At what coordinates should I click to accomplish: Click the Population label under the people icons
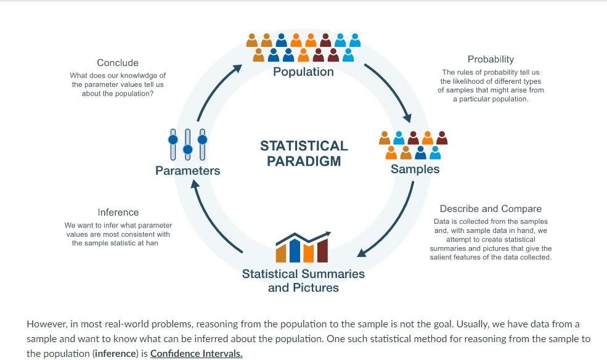pyautogui.click(x=303, y=72)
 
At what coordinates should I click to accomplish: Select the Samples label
pyautogui.click(x=415, y=170)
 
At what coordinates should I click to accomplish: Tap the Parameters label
pyautogui.click(x=187, y=171)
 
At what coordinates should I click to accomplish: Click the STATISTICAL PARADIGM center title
pyautogui.click(x=304, y=153)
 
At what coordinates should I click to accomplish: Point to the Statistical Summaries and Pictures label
pyautogui.click(x=303, y=280)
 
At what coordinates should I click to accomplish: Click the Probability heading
pyautogui.click(x=491, y=59)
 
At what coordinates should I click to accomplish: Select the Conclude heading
pyautogui.click(x=118, y=63)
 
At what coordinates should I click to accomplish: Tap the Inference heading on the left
pyautogui.click(x=118, y=213)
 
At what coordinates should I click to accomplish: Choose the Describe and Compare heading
pyautogui.click(x=491, y=209)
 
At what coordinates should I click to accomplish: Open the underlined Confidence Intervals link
pyautogui.click(x=196, y=354)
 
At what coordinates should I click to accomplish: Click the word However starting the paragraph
pyautogui.click(x=46, y=324)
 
